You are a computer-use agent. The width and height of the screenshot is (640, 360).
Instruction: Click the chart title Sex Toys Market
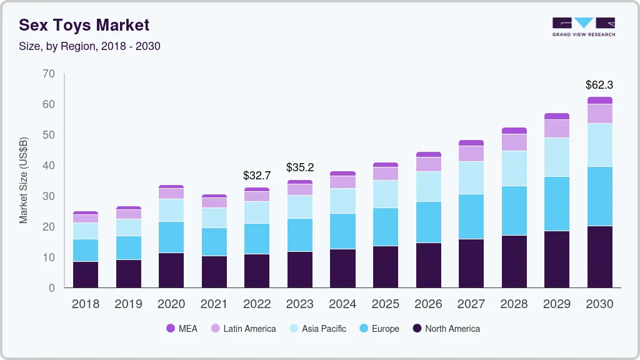pos(84,25)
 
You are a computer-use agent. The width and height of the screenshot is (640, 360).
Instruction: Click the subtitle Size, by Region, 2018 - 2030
pos(89,46)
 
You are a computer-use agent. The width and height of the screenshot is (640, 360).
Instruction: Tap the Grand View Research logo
pos(583,26)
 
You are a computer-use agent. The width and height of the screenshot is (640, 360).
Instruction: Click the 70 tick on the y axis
pos(49,74)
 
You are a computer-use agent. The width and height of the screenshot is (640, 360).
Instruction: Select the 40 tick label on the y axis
pos(49,166)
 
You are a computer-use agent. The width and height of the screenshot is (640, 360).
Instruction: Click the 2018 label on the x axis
pos(86,304)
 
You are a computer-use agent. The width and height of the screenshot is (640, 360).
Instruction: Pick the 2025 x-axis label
pos(386,304)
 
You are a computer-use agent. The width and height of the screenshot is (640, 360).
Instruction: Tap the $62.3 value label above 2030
pos(599,84)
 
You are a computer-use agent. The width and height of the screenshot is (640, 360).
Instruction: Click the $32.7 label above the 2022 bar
pos(257,176)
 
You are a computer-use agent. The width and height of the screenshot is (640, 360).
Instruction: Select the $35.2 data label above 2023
pos(300,167)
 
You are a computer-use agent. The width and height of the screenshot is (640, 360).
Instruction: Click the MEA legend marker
pos(170,328)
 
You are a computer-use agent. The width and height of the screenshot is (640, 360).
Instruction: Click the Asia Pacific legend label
pos(324,328)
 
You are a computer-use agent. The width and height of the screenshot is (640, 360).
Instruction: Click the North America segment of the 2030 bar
pos(599,257)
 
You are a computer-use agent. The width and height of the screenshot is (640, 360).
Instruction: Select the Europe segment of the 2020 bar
pos(171,237)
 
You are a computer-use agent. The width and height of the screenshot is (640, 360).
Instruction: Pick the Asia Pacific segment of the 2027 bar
pos(471,177)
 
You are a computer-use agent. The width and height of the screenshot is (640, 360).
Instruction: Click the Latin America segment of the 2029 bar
pos(557,128)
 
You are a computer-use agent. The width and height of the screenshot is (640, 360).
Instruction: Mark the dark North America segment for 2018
pos(86,274)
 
